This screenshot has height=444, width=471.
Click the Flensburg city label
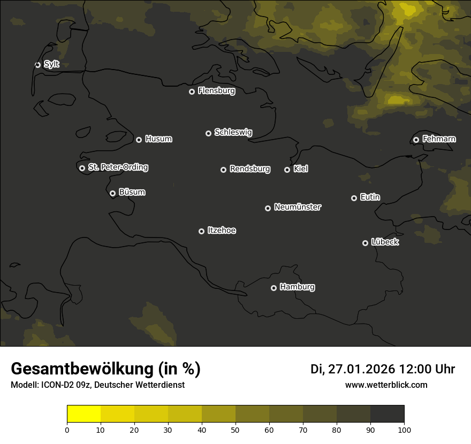coord(216,91)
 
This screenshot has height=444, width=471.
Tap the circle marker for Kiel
coord(287,170)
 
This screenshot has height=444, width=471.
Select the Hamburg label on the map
coord(297,287)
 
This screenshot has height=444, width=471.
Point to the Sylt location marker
coord(37,65)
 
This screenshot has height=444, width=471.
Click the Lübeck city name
coord(385,242)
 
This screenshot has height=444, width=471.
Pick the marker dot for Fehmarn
coord(416,140)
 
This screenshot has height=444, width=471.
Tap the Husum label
coord(158,139)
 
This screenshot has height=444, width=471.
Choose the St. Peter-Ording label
coord(118,167)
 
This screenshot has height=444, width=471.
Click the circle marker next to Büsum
coord(112,193)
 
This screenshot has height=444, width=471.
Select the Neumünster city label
coord(298,207)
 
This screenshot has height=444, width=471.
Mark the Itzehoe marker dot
coord(201,231)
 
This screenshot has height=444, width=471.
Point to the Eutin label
coord(370,197)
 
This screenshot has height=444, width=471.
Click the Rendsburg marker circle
coord(223,170)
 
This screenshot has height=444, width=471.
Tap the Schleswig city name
coord(233,132)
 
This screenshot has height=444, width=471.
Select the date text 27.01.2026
coord(361,369)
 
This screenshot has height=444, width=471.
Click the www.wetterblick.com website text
coord(386,385)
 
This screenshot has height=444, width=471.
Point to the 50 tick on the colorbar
coord(236,429)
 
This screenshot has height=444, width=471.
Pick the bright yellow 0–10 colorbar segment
coord(83,414)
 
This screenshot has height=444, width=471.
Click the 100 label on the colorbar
coord(404,429)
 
